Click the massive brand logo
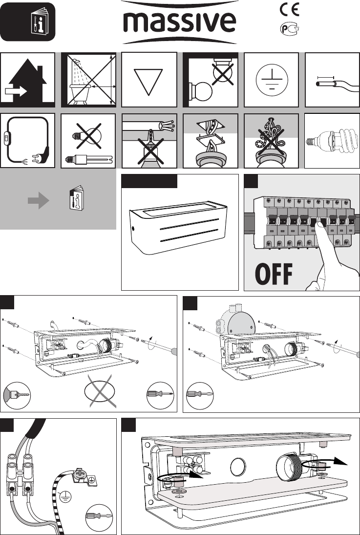click(x=179, y=22)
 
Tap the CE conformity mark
click(x=289, y=10)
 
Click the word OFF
click(x=274, y=274)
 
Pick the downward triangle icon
click(x=148, y=82)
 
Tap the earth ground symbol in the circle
click(x=272, y=80)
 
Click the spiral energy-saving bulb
click(x=332, y=140)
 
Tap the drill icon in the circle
click(x=17, y=395)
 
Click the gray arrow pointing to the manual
click(x=38, y=200)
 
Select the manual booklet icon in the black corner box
click(x=43, y=22)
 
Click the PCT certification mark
click(x=289, y=29)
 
